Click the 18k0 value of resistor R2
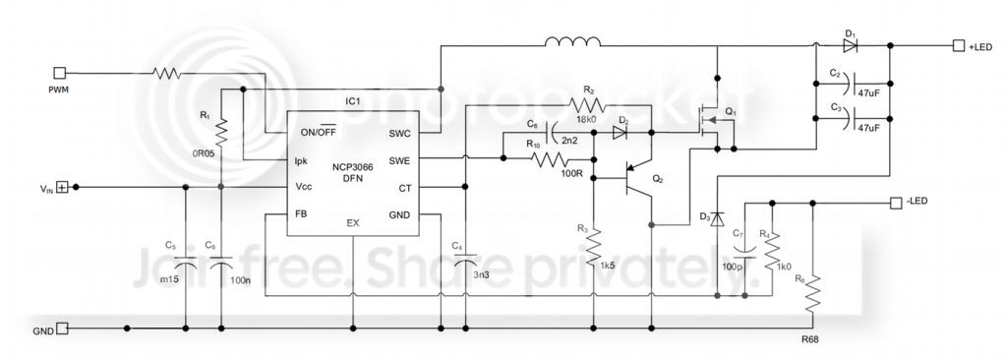pos(587,119)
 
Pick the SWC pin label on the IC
pos(399,133)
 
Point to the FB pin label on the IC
pos(302,212)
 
